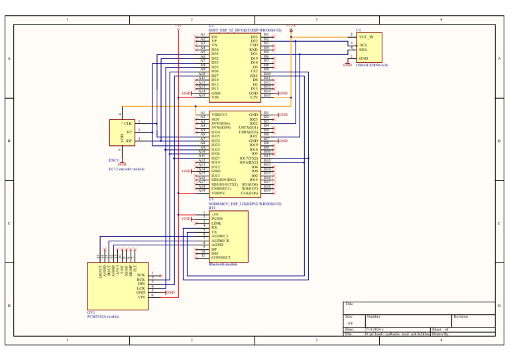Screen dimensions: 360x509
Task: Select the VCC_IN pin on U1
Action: [x=370, y=36]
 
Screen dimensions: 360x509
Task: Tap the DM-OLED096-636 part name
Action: [x=372, y=65]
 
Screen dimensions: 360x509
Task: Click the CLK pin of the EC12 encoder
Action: [x=127, y=123]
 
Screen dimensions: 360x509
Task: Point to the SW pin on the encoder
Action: [x=129, y=141]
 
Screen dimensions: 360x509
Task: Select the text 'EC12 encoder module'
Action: [x=126, y=169]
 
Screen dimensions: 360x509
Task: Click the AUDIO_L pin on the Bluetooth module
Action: [x=220, y=236]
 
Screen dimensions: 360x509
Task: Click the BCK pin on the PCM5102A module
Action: [x=141, y=279]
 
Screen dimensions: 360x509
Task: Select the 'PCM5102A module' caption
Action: [x=103, y=317]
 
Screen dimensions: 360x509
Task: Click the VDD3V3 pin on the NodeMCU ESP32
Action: [x=219, y=115]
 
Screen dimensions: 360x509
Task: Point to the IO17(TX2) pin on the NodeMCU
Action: [x=249, y=158]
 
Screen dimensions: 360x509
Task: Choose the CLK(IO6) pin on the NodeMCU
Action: [x=249, y=193]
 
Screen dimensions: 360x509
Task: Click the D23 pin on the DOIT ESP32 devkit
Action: [x=254, y=37]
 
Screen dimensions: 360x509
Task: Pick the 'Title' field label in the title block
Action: [x=349, y=304]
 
